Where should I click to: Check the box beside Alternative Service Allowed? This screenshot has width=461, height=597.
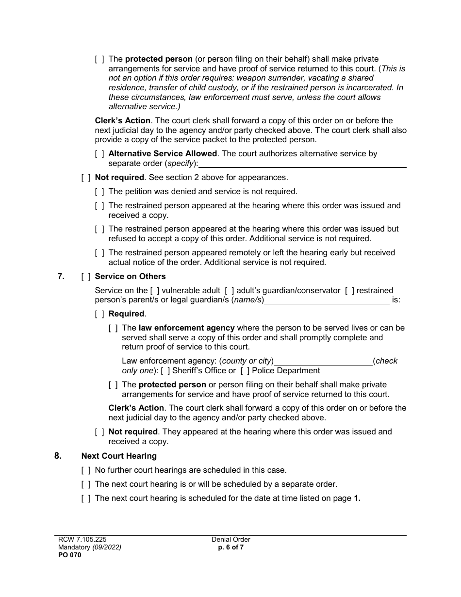pyautogui.click(x=99, y=154)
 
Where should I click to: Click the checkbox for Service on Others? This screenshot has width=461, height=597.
pyautogui.click(x=86, y=277)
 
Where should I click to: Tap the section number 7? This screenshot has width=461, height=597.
pyautogui.click(x=61, y=277)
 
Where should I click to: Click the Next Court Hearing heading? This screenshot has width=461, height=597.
pyautogui.click(x=119, y=456)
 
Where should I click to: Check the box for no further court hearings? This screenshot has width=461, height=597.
pyautogui.click(x=86, y=470)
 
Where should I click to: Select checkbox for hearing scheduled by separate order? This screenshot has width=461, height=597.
pyautogui.click(x=86, y=484)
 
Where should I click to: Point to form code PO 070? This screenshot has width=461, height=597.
pyautogui.click(x=68, y=555)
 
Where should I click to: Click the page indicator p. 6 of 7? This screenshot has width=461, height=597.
pyautogui.click(x=231, y=547)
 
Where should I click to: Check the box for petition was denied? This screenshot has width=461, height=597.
pyautogui.click(x=99, y=192)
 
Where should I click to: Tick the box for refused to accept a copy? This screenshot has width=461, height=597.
pyautogui.click(x=99, y=229)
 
